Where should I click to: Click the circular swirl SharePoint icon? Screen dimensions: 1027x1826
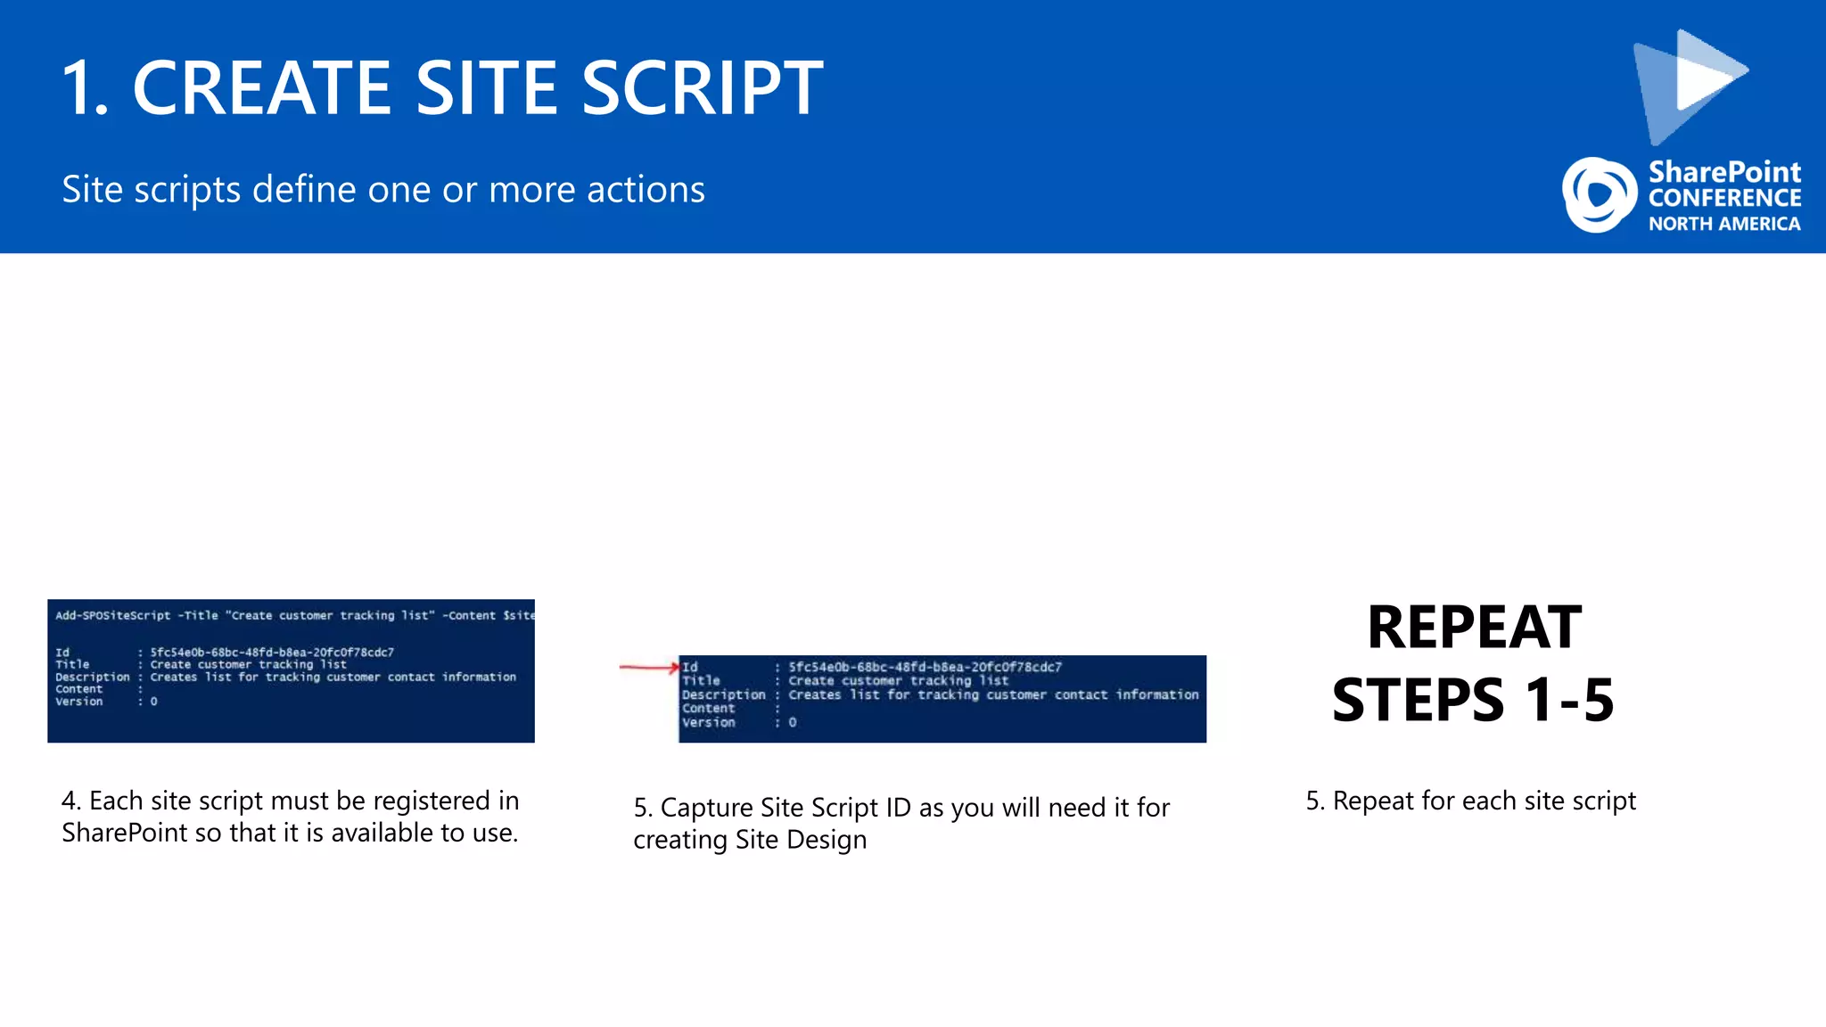click(x=1599, y=194)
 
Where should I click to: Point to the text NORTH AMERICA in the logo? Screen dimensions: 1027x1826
click(x=1723, y=224)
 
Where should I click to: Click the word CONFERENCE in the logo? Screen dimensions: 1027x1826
click(x=1724, y=198)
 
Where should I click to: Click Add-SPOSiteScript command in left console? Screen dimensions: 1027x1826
click(x=112, y=615)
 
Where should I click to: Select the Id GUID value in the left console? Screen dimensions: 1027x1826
click(x=272, y=653)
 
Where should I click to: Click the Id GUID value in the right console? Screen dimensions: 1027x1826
click(x=925, y=667)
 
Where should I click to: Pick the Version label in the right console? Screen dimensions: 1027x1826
click(x=709, y=723)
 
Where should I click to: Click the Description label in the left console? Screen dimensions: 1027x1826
click(x=92, y=678)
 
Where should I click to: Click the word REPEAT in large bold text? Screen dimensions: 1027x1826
click(x=1474, y=628)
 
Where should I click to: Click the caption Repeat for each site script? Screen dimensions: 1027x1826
click(x=1471, y=801)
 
